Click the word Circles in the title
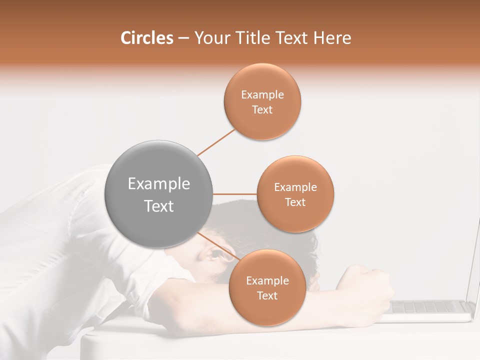point(147,38)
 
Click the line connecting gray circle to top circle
point(216,142)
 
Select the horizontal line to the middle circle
point(234,194)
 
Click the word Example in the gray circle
point(158,184)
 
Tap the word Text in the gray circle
point(158,206)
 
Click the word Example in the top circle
point(262,95)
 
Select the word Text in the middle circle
point(295,202)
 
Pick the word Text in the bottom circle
point(267,296)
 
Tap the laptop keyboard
point(430,306)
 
